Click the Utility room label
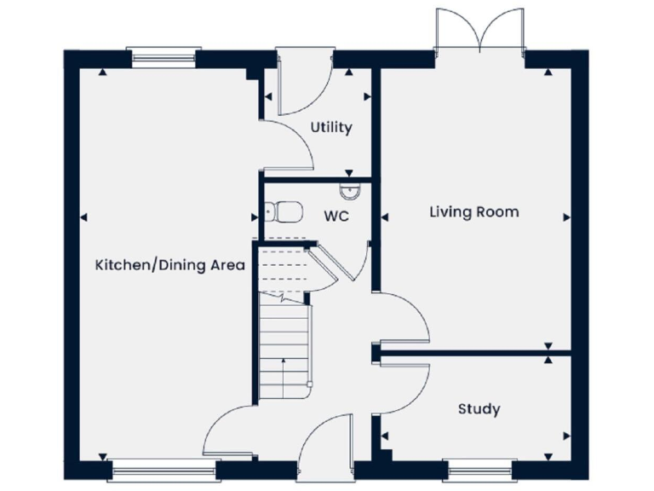(330, 128)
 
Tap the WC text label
(336, 217)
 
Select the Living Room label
(473, 211)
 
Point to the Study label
(479, 409)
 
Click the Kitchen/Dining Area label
(169, 265)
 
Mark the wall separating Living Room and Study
(464, 350)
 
